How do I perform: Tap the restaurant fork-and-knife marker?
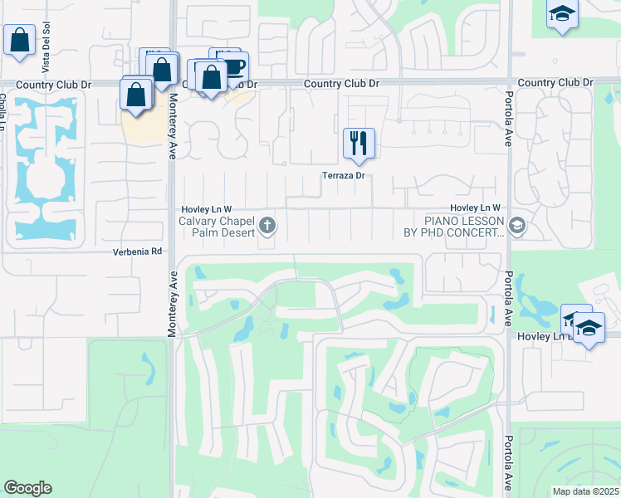point(359,143)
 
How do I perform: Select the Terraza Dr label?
point(345,176)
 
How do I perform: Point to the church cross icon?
point(267,225)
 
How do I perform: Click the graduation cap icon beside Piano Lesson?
point(516,226)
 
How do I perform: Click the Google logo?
point(27,488)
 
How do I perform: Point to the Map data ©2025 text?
point(584,491)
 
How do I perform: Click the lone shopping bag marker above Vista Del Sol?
point(18,40)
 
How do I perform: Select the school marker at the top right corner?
point(562,15)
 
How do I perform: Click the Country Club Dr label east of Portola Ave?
point(555,83)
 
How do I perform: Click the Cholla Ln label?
point(3,112)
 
